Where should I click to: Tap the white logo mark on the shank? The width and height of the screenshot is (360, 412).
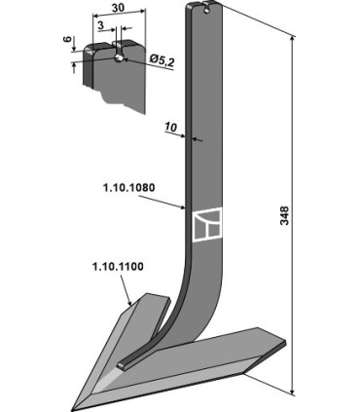click(206, 227)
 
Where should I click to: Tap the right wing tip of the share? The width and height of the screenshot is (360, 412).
click(284, 341)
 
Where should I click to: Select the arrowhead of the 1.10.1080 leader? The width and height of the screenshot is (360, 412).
click(191, 209)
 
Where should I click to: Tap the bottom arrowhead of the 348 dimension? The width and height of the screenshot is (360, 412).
click(294, 392)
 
